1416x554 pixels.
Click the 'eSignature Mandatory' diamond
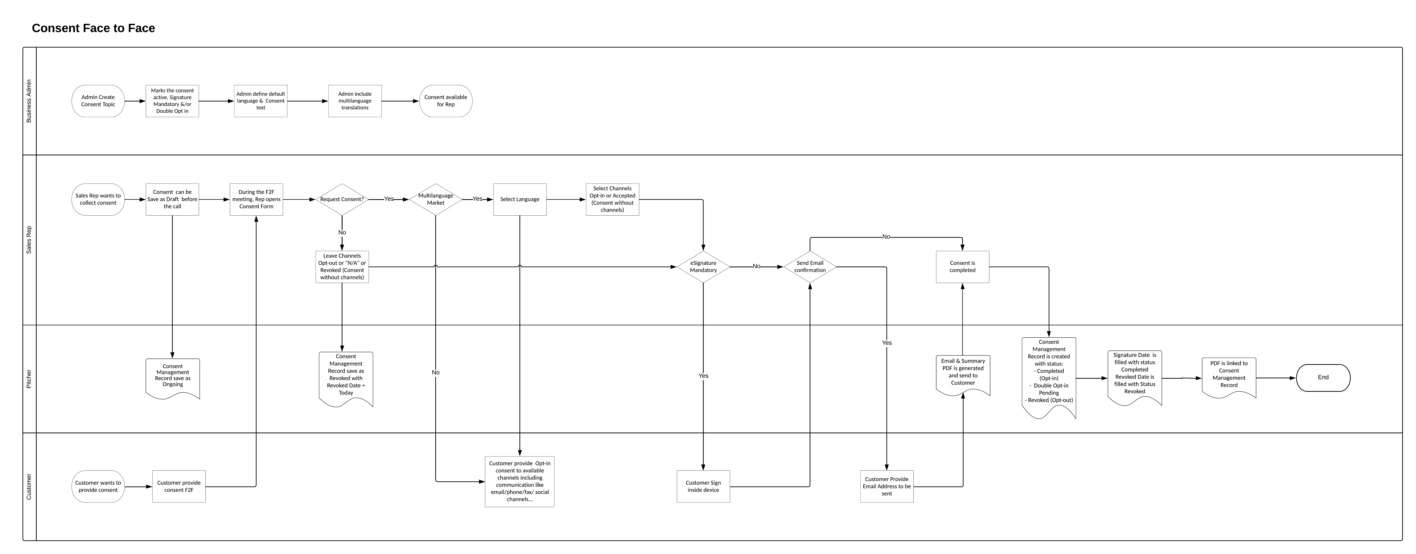(703, 267)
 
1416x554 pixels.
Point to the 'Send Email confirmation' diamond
(810, 267)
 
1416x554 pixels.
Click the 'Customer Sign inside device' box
(703, 486)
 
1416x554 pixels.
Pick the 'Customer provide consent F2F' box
(179, 486)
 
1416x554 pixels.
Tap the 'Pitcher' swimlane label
(29, 379)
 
